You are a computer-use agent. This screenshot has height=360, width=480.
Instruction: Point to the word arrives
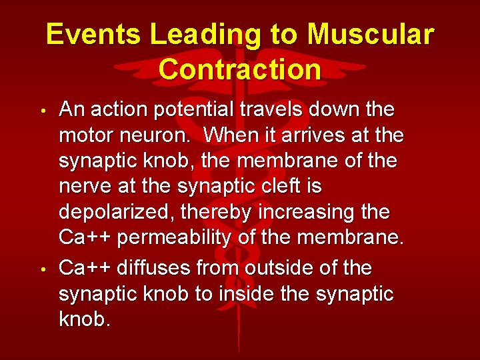click(x=309, y=135)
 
